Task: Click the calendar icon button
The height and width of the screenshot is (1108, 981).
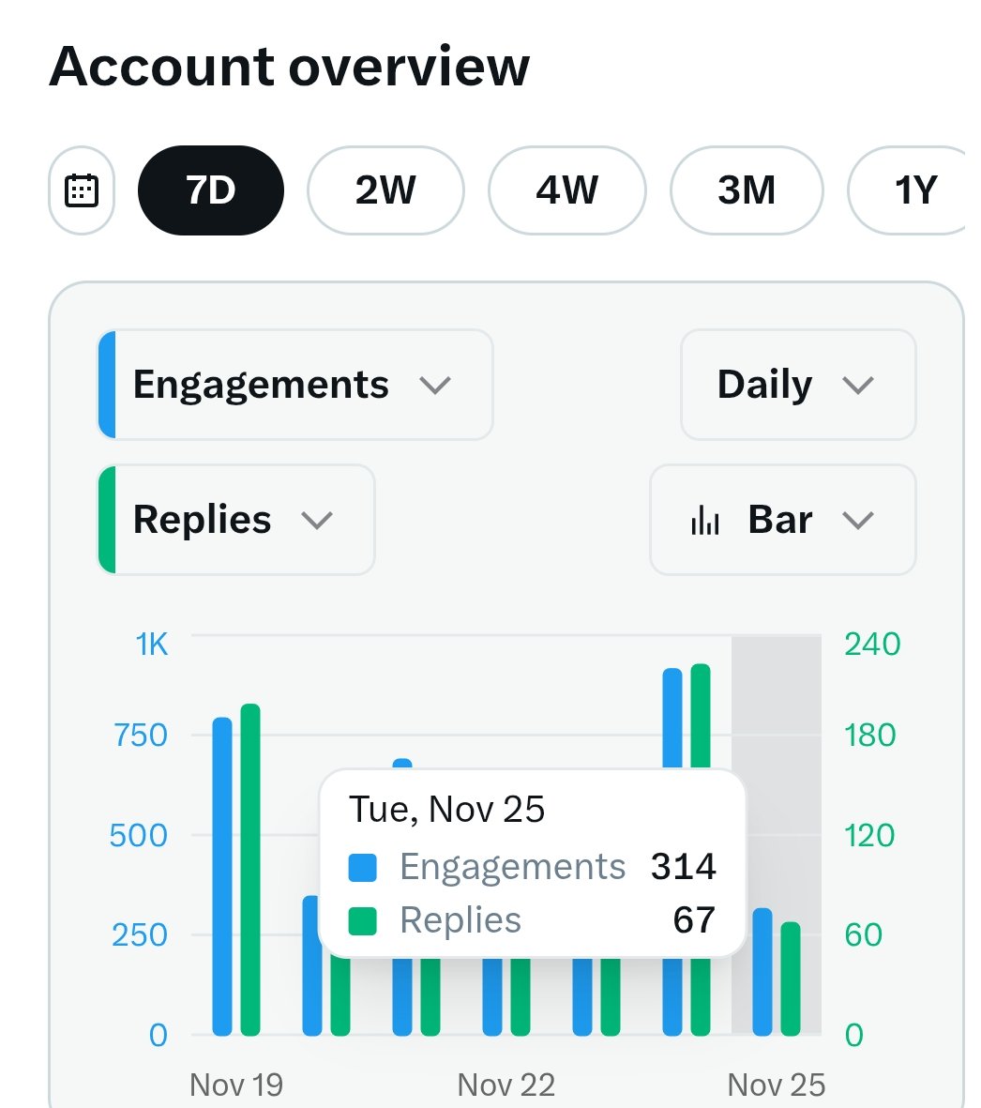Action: click(x=82, y=190)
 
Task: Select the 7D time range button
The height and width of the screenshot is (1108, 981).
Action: click(x=210, y=190)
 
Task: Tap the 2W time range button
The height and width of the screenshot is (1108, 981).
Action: click(x=385, y=190)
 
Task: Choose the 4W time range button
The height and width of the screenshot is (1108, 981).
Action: click(x=566, y=190)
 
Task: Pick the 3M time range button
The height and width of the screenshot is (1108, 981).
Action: click(x=747, y=190)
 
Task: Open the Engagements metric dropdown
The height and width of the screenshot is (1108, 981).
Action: click(x=294, y=385)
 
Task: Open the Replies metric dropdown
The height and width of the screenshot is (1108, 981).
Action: click(x=235, y=520)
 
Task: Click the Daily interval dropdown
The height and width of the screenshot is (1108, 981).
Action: click(x=797, y=385)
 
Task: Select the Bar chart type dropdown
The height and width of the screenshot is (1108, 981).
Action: click(x=782, y=520)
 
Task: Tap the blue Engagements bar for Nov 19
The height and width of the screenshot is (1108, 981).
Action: click(x=222, y=876)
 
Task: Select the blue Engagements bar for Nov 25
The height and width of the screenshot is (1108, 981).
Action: click(x=762, y=972)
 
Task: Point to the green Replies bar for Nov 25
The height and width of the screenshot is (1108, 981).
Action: click(x=791, y=979)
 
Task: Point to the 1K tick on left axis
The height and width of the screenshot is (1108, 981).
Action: click(x=152, y=645)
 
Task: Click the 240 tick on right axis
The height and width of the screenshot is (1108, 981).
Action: click(x=871, y=645)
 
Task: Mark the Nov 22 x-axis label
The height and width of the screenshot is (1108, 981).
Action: click(x=506, y=1085)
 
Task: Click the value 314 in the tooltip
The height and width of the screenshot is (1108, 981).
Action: click(x=683, y=867)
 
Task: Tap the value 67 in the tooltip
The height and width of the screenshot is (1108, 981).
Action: click(x=694, y=920)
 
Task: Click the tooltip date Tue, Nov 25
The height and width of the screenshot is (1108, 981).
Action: click(x=446, y=810)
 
